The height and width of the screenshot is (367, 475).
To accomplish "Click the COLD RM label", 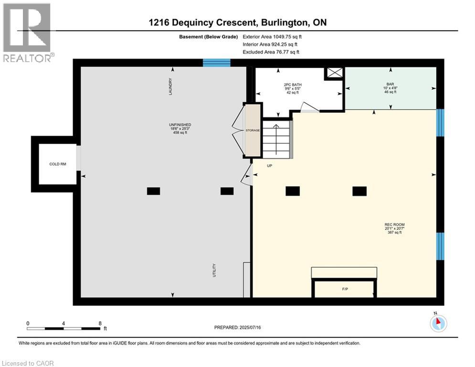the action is point(58,164).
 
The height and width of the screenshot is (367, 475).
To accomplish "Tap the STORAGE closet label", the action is point(253,130).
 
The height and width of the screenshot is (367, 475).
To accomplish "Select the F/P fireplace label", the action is point(345,289).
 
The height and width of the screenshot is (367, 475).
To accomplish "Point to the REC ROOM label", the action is point(394,225).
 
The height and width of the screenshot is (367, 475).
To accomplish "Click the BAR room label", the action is point(390,84).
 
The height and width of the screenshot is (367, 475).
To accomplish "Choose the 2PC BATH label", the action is point(293,85).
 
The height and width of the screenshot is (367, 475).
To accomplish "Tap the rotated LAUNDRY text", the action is point(170,86).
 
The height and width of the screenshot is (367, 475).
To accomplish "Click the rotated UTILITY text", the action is point(214,270).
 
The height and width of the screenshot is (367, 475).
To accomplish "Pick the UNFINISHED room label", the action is point(180,125).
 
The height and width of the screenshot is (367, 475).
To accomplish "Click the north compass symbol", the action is point(438,323).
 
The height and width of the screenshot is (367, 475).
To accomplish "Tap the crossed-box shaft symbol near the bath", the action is point(335,73).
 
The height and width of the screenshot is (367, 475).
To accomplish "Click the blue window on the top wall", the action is point(217,63).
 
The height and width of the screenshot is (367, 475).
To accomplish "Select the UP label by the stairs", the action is point(269,166).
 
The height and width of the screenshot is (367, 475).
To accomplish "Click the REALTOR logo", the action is point(27,33).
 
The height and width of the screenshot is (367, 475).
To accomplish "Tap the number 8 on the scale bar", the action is point(100,324).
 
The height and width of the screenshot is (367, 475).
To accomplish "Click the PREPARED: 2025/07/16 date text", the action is point(238,327).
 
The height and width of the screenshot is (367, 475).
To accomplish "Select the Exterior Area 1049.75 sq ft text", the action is point(272,37).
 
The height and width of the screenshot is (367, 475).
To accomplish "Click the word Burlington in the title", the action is point(284,23).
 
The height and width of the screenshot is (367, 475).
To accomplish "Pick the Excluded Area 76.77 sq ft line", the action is point(271,52).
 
